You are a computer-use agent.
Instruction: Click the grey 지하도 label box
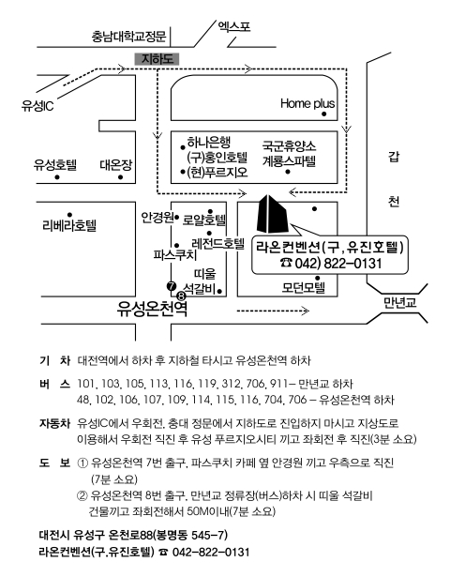[x=157, y=59]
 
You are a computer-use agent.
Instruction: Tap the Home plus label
[x=307, y=103]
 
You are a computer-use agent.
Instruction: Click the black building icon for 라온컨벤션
[x=272, y=214]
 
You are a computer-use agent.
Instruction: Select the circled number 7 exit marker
[x=172, y=286]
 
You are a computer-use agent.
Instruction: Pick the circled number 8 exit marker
[x=182, y=296]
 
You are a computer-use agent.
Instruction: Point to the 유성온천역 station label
[x=152, y=309]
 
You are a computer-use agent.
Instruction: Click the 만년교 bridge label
[x=400, y=302]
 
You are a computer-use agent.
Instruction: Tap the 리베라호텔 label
[x=69, y=225]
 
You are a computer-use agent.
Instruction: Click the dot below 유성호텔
[x=57, y=177]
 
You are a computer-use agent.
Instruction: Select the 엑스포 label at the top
[x=234, y=26]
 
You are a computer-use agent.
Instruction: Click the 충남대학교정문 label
[x=128, y=37]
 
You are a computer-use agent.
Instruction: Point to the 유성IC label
[x=37, y=106]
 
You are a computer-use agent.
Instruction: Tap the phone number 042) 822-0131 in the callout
[x=331, y=264]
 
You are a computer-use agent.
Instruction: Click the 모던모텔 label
[x=304, y=287]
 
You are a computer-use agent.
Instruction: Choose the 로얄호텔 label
[x=204, y=220]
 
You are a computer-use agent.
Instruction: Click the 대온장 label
[x=116, y=165]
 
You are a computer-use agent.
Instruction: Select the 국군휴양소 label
[x=289, y=146]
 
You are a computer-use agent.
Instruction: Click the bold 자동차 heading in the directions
[x=54, y=423]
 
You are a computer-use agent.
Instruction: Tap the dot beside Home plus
[x=324, y=114]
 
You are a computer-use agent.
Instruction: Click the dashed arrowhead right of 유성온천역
[x=305, y=311]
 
